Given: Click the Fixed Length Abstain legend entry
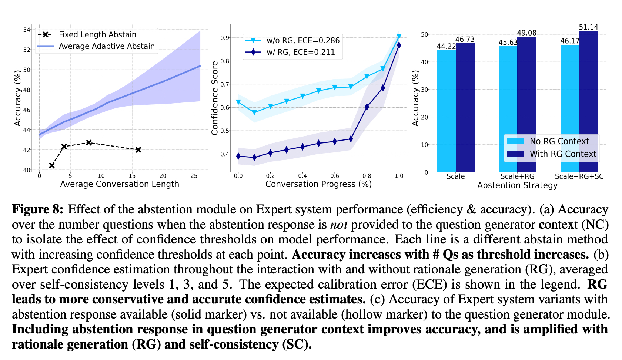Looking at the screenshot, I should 97,35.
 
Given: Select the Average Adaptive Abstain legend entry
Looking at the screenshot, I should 107,46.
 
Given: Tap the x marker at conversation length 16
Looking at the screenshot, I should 138,150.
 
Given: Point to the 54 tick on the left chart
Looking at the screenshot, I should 27,30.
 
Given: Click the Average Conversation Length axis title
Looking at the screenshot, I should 120,184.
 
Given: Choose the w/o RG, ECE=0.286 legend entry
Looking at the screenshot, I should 303,41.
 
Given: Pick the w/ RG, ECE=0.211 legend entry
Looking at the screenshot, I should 301,52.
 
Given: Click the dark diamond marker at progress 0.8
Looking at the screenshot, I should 367,107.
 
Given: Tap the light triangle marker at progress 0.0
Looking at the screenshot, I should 238,102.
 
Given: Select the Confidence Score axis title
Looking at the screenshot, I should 215,98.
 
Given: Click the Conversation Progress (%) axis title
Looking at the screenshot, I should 318,184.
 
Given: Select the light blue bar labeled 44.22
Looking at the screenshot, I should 446,111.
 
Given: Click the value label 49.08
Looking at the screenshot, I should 526,33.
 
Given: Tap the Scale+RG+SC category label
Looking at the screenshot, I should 579,176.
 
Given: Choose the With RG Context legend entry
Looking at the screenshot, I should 563,154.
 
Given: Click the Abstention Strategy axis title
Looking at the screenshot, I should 517,185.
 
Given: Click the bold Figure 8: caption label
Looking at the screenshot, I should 38,209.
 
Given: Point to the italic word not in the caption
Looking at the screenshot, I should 339,225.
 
